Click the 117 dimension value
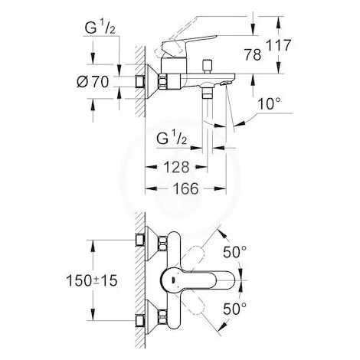tap(279, 45)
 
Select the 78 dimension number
tap(253, 54)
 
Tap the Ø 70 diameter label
tap(93, 82)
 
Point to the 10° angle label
tap(270, 104)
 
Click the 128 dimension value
tap(176, 167)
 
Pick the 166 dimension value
tap(185, 188)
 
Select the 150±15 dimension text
tap(92, 280)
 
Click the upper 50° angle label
tap(235, 252)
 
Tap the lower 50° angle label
tap(235, 309)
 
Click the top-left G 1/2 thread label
tap(100, 28)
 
